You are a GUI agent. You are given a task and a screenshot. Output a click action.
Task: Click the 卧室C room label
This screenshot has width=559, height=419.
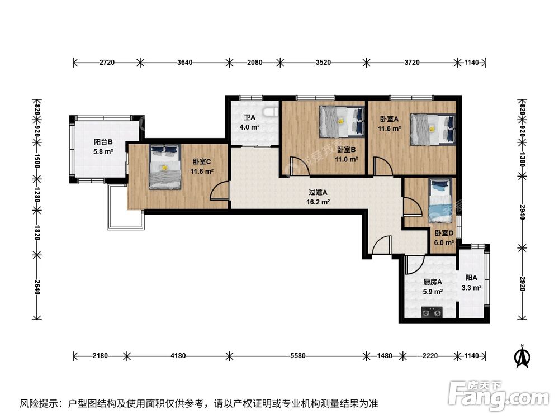tap(201, 162)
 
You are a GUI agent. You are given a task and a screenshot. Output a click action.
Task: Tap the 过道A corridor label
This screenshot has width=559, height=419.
tap(318, 193)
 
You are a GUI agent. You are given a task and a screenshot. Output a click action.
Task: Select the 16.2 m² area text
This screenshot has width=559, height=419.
tap(318, 202)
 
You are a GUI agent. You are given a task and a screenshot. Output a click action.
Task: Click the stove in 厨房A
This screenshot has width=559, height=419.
tap(432, 312)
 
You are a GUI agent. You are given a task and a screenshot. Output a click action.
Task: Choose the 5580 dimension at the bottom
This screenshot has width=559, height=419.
tap(298, 355)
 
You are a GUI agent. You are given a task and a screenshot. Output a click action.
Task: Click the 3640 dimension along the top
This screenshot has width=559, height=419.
tap(184, 63)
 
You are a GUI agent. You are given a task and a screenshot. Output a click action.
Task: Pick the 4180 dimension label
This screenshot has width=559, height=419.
tap(178, 355)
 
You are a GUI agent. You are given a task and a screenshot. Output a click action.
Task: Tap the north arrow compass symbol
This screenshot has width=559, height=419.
tap(522, 355)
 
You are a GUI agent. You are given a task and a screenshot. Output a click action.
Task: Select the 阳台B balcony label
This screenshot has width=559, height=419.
tap(103, 142)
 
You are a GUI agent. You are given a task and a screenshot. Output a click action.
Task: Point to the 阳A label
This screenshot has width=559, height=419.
tap(471, 278)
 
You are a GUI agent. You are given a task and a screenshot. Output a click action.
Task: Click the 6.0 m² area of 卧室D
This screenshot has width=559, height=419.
tap(444, 243)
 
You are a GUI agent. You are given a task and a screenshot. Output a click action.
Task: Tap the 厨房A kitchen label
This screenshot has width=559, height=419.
tap(433, 282)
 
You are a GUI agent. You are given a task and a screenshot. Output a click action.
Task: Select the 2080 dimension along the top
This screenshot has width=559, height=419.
tap(254, 63)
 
